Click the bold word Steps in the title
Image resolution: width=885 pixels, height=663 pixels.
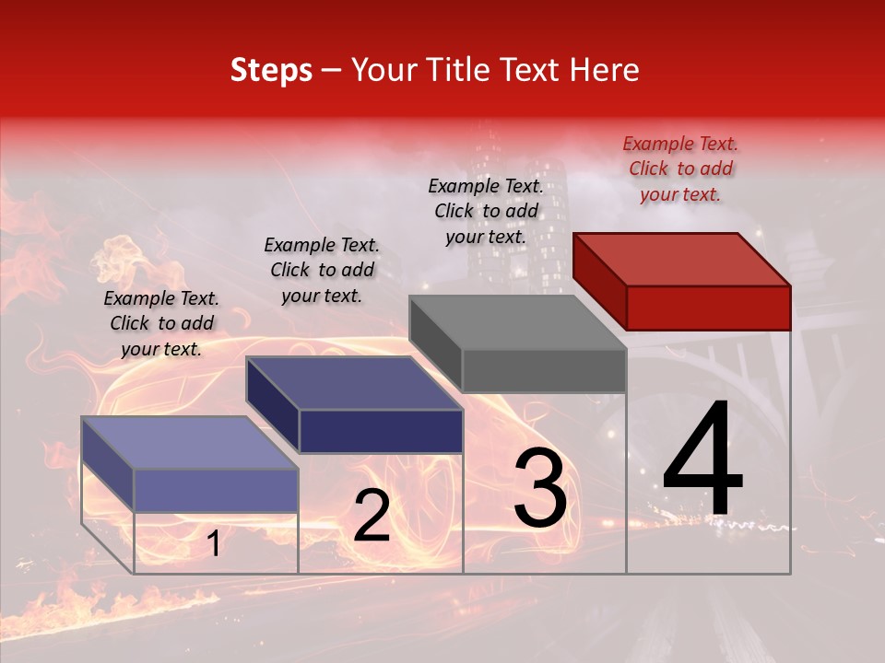tap(271, 70)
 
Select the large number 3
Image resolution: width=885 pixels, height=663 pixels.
tap(540, 489)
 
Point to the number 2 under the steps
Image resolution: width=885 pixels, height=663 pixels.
tap(372, 517)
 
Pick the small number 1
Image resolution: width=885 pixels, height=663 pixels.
tap(214, 544)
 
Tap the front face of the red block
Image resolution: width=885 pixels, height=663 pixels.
tap(708, 308)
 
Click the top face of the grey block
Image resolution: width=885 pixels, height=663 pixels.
tap(516, 322)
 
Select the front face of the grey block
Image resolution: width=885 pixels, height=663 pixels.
tap(544, 370)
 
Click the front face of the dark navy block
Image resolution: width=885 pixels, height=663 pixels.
tap(381, 431)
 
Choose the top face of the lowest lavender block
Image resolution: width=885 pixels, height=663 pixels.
tap(190, 443)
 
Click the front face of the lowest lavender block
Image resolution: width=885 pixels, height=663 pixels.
tap(216, 490)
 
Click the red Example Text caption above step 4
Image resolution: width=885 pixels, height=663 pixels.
tap(680, 169)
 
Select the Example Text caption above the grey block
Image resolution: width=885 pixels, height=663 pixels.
tap(486, 211)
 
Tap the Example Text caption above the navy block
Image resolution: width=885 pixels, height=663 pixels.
tap(322, 270)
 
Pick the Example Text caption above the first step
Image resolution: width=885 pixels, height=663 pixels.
tap(161, 323)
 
